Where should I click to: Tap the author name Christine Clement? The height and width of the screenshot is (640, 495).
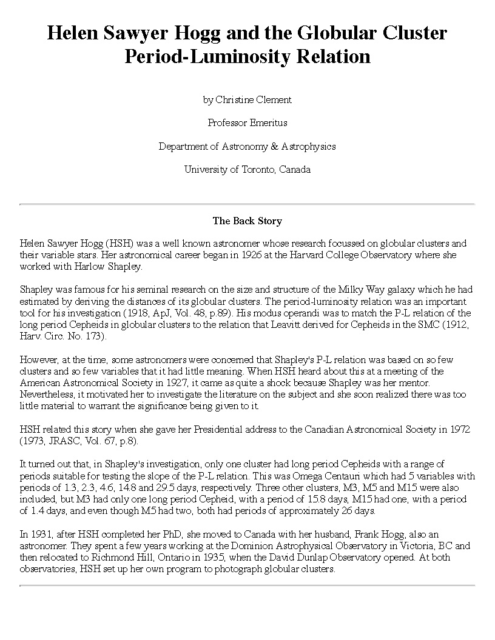[254, 99]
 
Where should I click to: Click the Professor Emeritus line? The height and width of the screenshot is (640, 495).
[247, 122]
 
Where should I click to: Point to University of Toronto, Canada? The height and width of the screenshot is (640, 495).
[247, 170]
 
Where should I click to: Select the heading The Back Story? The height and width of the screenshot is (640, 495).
[247, 221]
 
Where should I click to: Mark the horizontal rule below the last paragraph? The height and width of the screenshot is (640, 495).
[247, 585]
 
